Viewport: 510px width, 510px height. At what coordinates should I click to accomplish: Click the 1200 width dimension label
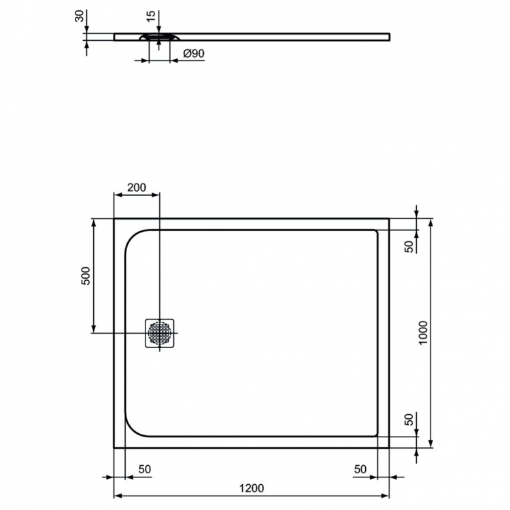251,488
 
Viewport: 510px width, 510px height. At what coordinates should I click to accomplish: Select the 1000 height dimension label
422,333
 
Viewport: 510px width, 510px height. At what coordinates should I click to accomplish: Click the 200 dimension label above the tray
137,187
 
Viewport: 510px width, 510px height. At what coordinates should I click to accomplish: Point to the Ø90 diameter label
193,54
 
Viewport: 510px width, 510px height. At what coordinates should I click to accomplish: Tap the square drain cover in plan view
160,333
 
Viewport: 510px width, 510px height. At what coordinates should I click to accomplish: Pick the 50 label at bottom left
144,469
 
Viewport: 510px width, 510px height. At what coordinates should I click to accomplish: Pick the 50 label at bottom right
360,469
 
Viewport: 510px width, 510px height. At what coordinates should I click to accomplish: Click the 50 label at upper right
409,246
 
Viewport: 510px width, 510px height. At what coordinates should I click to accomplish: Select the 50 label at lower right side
409,420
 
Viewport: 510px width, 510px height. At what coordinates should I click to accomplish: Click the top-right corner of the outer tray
389,219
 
